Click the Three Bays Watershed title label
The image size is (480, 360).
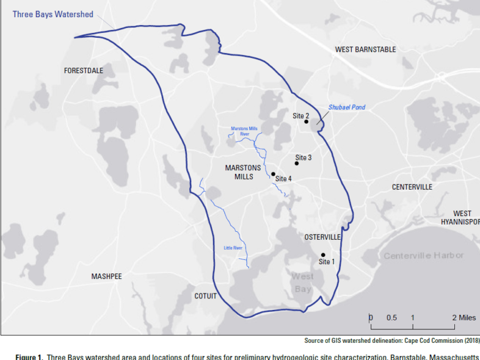(x=53, y=13)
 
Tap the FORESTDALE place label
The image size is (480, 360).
(x=84, y=71)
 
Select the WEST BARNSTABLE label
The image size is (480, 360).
(x=365, y=49)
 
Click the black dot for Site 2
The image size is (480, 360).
(x=306, y=122)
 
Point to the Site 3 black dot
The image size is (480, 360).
(x=297, y=163)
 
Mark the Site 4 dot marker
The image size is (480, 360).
(x=273, y=174)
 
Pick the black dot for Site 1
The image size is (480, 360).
(x=323, y=255)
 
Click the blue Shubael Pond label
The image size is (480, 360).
(x=347, y=107)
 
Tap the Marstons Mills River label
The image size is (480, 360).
(x=245, y=131)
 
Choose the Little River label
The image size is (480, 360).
(x=233, y=248)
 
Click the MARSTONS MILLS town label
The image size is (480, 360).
(x=243, y=172)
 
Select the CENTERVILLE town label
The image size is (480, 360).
(x=412, y=187)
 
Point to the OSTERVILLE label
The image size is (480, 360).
(x=322, y=237)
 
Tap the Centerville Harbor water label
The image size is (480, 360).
(x=423, y=256)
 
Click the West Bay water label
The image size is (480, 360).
(x=303, y=283)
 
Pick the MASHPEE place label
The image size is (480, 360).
(x=107, y=276)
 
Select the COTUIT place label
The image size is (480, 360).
(x=205, y=296)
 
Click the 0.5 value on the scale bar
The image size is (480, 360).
(x=391, y=318)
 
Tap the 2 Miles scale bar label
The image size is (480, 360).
(x=464, y=318)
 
